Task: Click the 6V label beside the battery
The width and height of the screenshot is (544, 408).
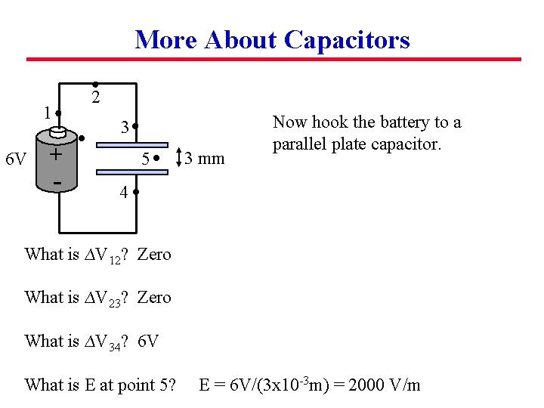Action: click(16, 159)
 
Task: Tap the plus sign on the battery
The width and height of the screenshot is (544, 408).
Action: click(55, 154)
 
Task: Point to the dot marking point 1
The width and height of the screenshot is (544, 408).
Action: click(58, 114)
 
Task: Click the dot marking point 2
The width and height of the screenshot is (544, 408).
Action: click(94, 83)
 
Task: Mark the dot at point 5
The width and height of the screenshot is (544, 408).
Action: click(155, 159)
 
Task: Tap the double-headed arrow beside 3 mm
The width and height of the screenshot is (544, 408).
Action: click(178, 159)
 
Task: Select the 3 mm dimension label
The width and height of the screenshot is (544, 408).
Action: click(205, 159)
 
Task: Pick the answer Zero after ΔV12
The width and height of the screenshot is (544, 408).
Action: click(154, 255)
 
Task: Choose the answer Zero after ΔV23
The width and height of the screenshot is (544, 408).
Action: click(154, 298)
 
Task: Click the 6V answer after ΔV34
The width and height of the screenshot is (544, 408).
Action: click(149, 342)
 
